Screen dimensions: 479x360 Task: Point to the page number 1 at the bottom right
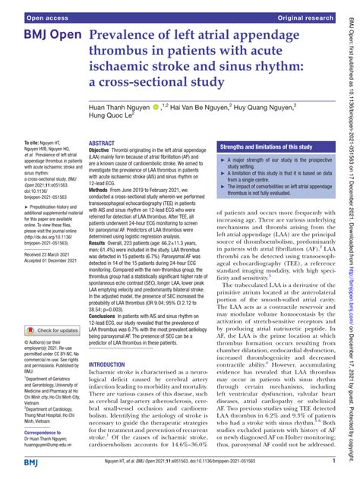point(334,460)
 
